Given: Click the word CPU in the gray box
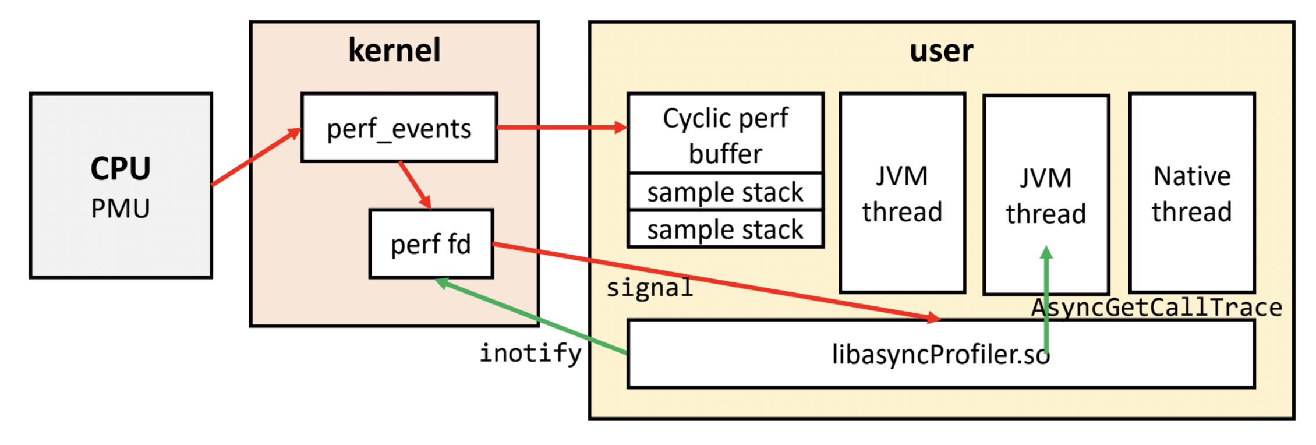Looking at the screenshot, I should tap(121, 169).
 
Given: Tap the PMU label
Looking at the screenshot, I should tap(121, 209).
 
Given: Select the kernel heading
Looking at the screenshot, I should tap(394, 50).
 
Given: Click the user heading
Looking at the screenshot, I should tap(941, 51).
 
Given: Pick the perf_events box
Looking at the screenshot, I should tap(399, 128).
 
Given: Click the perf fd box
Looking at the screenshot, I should tap(431, 244).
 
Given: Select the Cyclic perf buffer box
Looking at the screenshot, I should tap(725, 135).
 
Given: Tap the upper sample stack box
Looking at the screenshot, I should tap(725, 192).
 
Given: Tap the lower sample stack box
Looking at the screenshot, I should tap(725, 229).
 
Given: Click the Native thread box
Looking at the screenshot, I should tap(1191, 193).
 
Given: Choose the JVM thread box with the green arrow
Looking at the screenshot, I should tap(1046, 195).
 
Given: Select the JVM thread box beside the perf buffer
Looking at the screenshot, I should tap(902, 193).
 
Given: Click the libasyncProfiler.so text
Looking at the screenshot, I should tap(940, 354).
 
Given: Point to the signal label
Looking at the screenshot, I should tap(649, 288).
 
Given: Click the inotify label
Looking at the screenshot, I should tap(530, 353).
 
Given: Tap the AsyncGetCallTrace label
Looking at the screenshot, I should tap(1156, 308).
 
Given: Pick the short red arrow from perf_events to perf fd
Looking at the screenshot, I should tap(415, 185).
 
